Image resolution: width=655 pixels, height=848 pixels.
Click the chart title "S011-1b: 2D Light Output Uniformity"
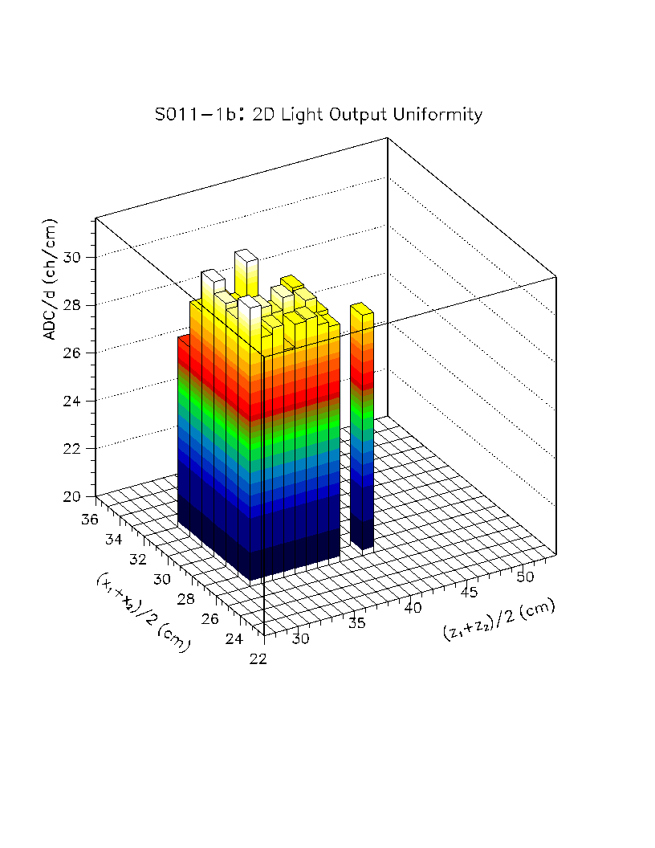[319, 115]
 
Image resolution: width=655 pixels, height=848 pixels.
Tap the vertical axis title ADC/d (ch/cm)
[50, 279]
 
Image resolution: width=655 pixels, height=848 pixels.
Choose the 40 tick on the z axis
[413, 607]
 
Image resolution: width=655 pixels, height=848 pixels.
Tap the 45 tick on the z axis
[470, 592]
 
